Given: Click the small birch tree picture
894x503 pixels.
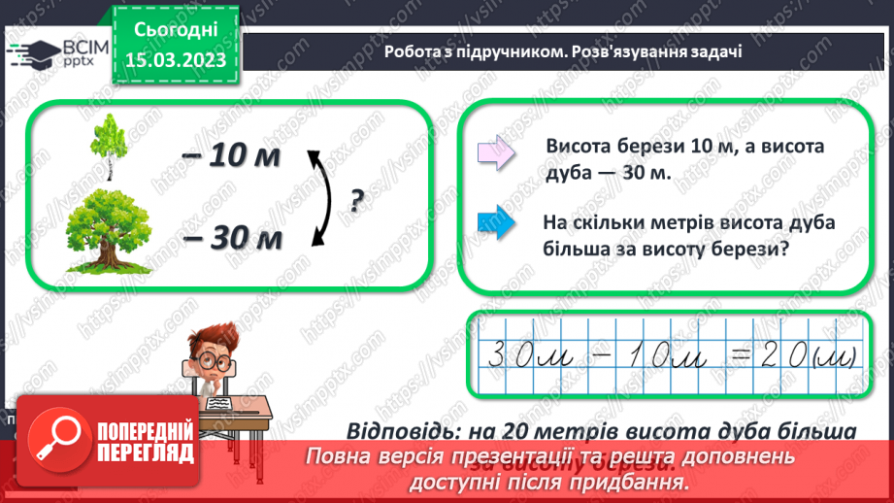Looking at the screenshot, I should click(108, 147).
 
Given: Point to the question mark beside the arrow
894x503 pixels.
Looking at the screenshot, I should click(356, 200).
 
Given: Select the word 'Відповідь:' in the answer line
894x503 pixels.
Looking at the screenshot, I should click(401, 429).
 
